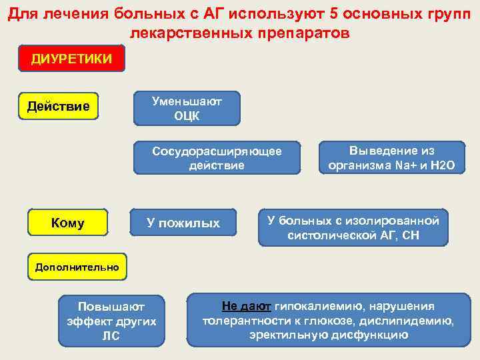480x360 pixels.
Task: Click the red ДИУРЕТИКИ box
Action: coord(71,58)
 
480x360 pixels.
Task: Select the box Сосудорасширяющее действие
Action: coord(217,159)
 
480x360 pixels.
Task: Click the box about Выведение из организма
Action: coord(391,159)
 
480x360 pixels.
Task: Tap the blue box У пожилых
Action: coord(183,223)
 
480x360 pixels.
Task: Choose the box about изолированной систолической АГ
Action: coord(353,227)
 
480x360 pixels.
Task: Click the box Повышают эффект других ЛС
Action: coord(111,321)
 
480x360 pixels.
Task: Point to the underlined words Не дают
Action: coord(246,307)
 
